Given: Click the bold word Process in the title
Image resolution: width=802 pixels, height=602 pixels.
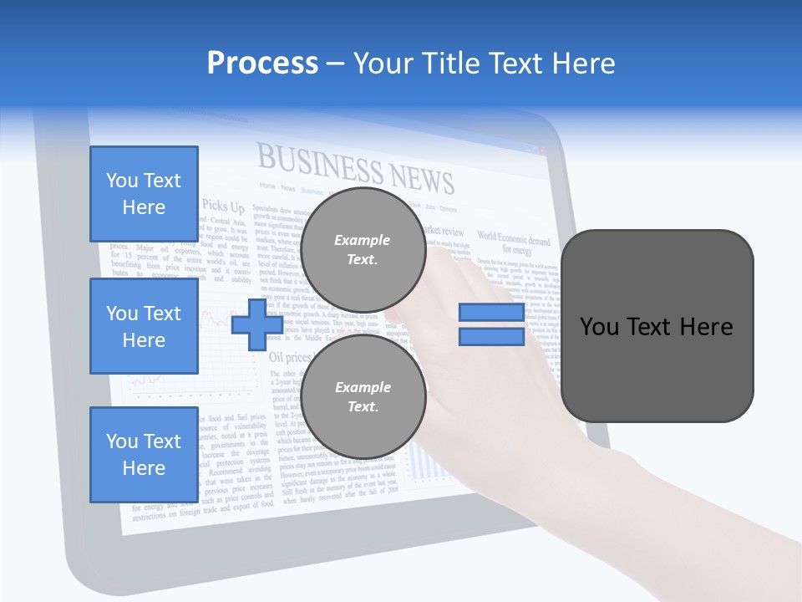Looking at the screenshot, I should point(262,63).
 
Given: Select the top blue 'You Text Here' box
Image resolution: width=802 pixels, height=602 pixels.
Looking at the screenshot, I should point(144,194).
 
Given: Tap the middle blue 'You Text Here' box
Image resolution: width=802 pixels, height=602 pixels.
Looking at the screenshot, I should point(144,326).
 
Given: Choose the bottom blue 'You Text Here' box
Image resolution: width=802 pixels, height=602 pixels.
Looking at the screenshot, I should point(144,455).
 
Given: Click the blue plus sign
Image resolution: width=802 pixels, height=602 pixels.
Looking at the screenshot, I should point(256,324).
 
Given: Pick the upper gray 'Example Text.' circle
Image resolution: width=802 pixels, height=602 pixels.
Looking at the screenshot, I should point(363,249).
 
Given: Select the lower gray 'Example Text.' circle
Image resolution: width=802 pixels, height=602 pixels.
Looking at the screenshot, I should point(363,396).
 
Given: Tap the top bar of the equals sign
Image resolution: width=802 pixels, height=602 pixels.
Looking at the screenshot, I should point(491,313).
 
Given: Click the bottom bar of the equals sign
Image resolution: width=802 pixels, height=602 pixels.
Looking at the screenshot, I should point(491,337).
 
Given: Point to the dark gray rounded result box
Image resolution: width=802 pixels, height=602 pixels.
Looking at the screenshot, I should point(657,326).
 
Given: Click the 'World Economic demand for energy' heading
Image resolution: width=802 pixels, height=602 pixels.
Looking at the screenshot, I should point(513,242).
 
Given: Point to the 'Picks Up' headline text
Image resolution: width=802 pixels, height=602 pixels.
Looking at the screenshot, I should point(224,207).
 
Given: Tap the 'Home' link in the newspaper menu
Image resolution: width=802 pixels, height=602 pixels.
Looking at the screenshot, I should point(266,186).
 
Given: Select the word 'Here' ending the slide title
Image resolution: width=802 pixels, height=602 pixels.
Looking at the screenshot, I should point(581,63).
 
